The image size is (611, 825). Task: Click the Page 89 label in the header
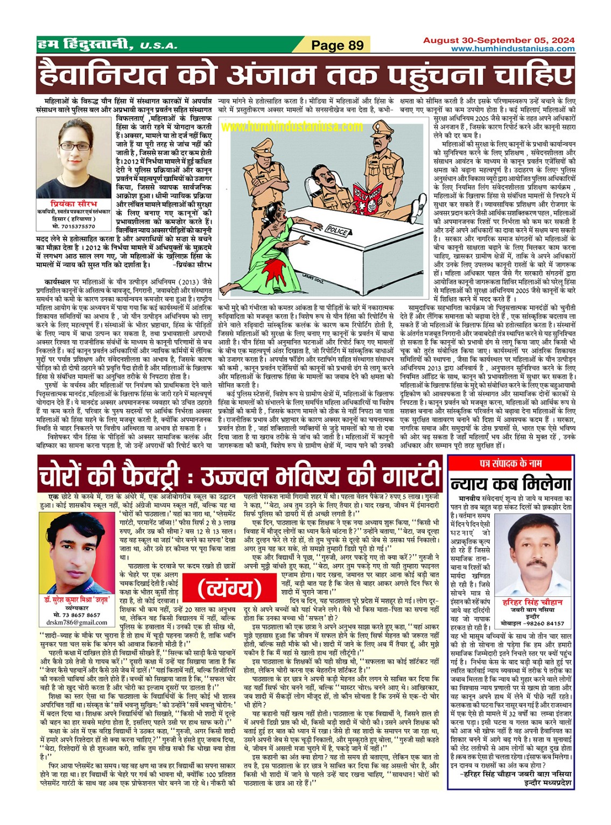[338, 45]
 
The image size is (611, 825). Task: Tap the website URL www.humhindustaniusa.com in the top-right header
[512, 49]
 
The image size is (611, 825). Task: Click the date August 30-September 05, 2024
[498, 40]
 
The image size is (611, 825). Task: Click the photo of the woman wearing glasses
[73, 157]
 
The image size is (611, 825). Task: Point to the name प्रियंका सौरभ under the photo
[73, 205]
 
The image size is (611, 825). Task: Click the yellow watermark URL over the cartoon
[292, 126]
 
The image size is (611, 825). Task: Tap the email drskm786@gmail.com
[76, 622]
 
